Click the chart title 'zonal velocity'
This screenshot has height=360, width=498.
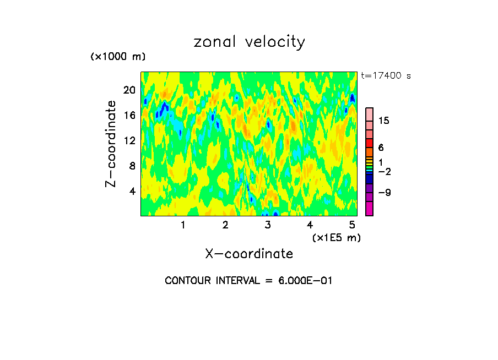coord(249,42)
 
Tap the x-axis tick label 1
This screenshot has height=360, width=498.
coord(183,225)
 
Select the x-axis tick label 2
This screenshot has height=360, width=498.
coord(225,225)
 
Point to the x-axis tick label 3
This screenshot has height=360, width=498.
coord(268,225)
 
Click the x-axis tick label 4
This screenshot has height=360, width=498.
coord(310,225)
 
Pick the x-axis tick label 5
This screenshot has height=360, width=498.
coord(352,225)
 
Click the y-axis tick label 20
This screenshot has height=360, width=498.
coord(129,90)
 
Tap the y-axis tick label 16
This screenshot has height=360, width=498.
coord(129,116)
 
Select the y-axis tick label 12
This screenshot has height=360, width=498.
coord(129,141)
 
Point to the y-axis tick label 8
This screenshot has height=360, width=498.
coord(132,166)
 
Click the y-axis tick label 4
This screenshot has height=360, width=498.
coord(132,191)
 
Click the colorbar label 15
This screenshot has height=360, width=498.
coord(384,121)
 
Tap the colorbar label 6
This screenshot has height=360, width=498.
coord(381,148)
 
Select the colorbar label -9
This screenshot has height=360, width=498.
coord(384,193)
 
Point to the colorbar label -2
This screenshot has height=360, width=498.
coord(384,172)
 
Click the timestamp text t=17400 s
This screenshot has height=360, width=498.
coord(386,76)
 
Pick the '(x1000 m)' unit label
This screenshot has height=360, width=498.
coord(117,57)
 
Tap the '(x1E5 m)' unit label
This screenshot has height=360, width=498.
coord(336,237)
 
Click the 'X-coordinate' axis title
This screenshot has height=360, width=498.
coord(249,254)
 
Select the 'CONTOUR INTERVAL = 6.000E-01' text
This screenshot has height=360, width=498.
coord(249,281)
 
